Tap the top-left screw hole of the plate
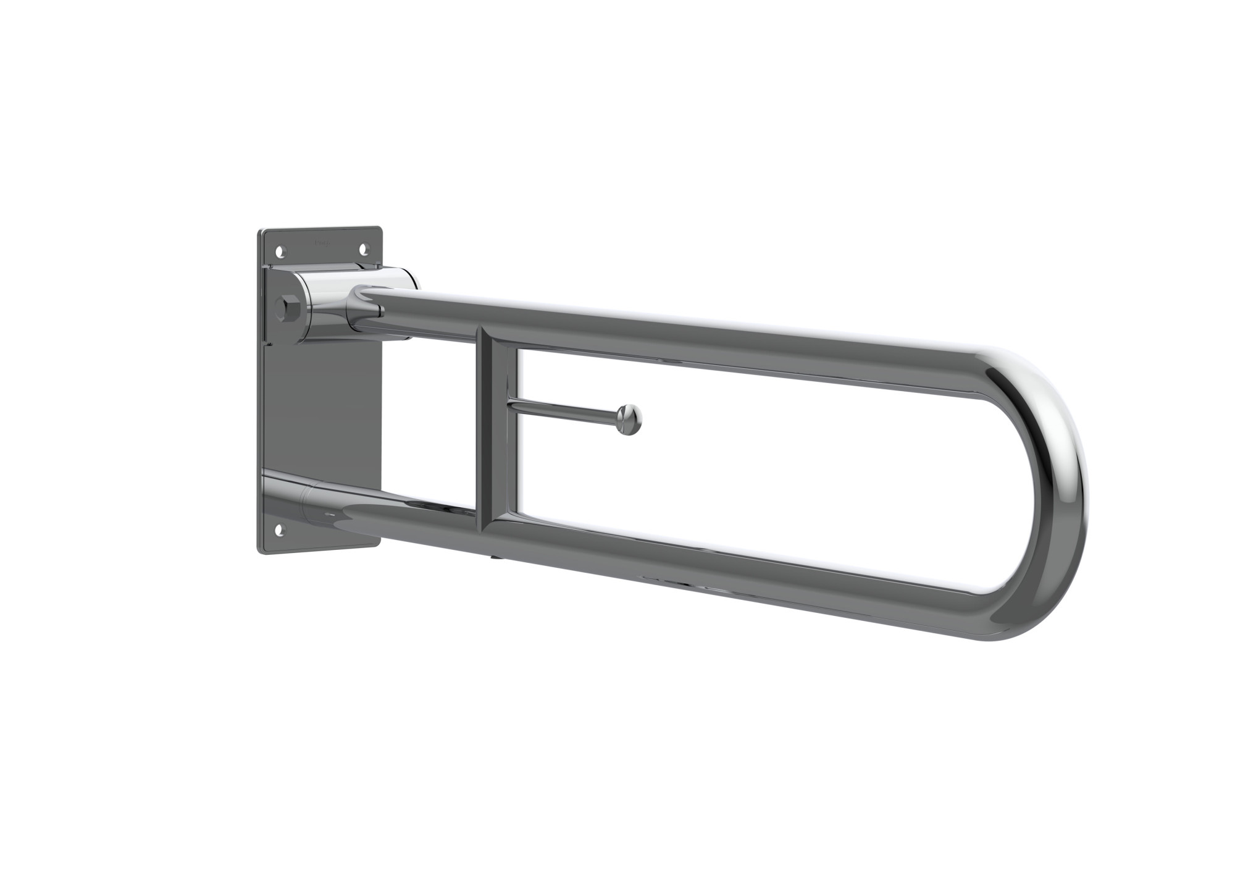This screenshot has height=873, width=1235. [282, 252]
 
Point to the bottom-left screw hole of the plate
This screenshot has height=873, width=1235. [282, 528]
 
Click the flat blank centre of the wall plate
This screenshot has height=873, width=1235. [321, 408]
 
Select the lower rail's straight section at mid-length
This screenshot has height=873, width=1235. [710, 571]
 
